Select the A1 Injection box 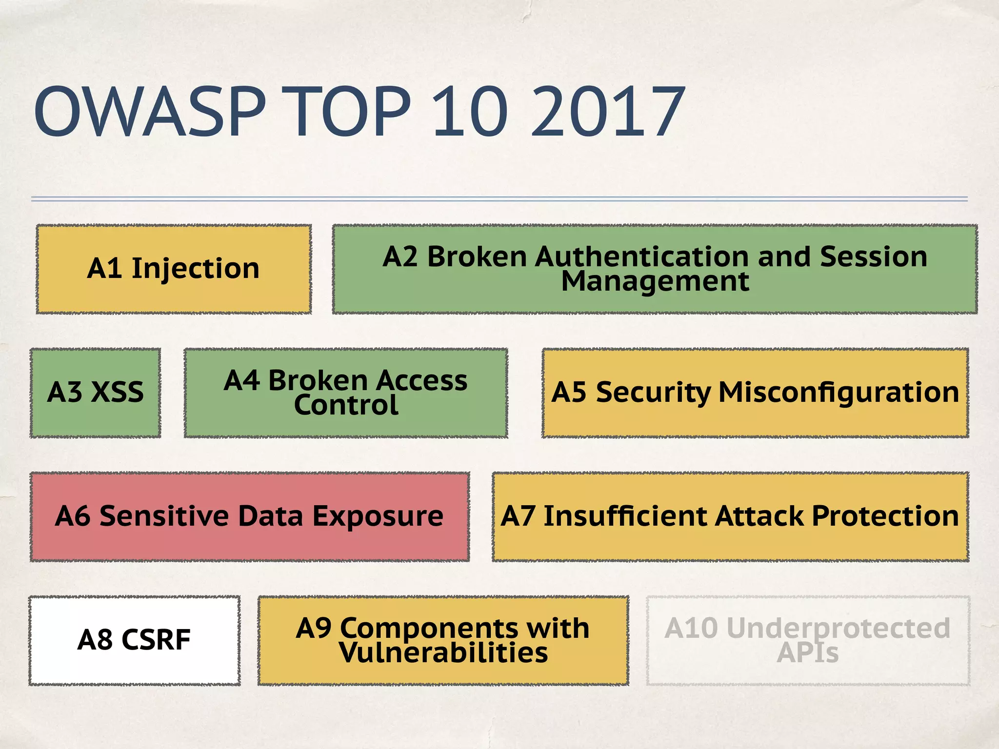pyautogui.click(x=174, y=269)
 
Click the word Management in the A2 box pyautogui.click(x=655, y=282)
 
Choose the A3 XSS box pyautogui.click(x=96, y=393)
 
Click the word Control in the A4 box pyautogui.click(x=346, y=406)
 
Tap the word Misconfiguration pyautogui.click(x=839, y=393)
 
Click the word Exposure pyautogui.click(x=378, y=516)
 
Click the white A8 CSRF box pyautogui.click(x=134, y=640)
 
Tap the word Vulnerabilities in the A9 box pyautogui.click(x=443, y=653)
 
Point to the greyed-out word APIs pyautogui.click(x=808, y=653)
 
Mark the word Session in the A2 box pyautogui.click(x=873, y=256)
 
